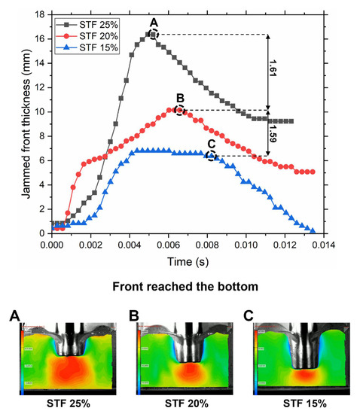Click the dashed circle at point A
pos(153,34)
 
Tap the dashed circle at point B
pos(179,110)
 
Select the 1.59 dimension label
pos(282,134)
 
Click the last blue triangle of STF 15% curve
pos(313,230)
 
